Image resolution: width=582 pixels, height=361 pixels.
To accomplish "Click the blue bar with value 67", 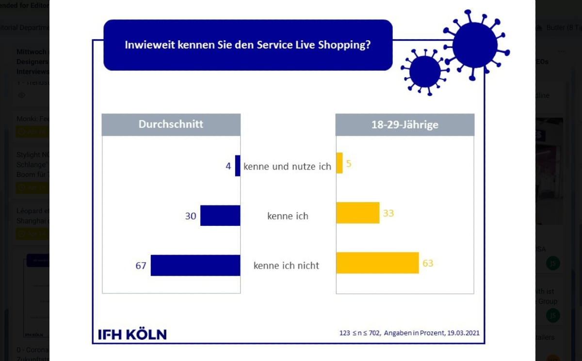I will (195, 265).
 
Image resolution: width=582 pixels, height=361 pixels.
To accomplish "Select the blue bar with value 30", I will (220, 215).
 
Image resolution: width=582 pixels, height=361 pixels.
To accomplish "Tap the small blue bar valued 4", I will (238, 166).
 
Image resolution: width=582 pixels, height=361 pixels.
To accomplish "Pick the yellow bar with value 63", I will (377, 263).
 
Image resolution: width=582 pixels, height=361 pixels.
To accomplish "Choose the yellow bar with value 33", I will (357, 213).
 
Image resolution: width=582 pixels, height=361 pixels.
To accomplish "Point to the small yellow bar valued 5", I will (339, 163).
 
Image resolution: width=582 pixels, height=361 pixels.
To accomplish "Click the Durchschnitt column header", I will (171, 124).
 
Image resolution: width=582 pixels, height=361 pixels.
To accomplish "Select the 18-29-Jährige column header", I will (404, 125).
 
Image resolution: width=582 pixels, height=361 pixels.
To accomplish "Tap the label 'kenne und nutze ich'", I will (287, 166).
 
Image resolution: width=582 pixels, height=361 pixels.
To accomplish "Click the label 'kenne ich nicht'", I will (286, 266).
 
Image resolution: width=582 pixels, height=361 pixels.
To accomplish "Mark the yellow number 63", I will (427, 264).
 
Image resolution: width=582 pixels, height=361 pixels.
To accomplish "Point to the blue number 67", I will (141, 266).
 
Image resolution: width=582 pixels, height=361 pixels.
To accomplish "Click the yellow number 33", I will (388, 213).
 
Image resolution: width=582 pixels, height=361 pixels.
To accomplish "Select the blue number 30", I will (191, 216).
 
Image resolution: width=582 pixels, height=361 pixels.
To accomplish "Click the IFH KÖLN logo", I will (132, 334).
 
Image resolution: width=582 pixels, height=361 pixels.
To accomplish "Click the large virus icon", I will (475, 45).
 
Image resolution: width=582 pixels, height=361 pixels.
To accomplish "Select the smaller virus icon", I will (425, 71).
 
